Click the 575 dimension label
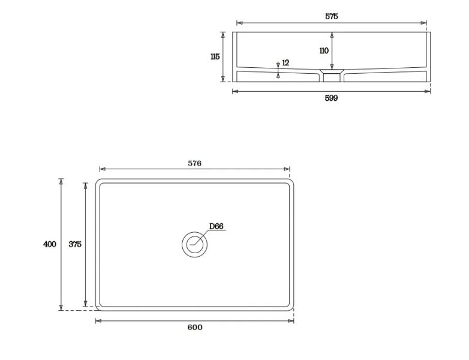tap(332, 16)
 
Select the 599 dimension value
tap(331, 98)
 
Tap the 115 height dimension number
tap(215, 56)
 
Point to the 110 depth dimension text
tap(324, 50)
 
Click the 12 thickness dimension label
tap(285, 63)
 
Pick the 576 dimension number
tap(194, 163)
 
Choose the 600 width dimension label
tap(195, 328)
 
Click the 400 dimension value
tap(50, 244)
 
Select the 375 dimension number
tap(75, 244)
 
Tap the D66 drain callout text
tap(216, 226)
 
